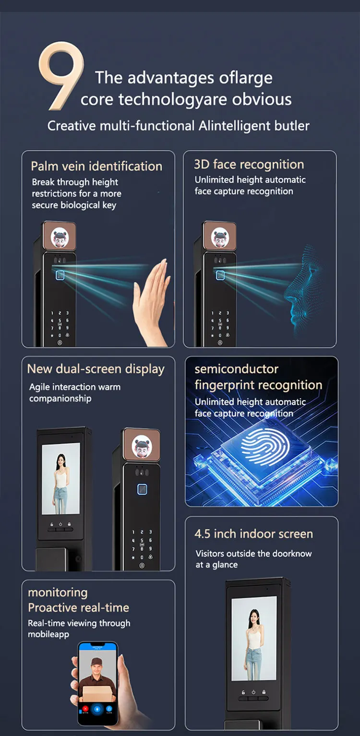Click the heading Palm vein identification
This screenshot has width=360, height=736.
tap(96, 166)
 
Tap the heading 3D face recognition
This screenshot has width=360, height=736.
tap(249, 165)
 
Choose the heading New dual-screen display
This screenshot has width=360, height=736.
tap(96, 369)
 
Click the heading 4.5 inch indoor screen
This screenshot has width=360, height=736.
tap(253, 534)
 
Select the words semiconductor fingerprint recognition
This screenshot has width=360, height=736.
tap(258, 377)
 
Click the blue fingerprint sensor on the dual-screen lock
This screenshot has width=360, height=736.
tap(143, 489)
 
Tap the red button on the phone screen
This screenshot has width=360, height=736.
tap(85, 708)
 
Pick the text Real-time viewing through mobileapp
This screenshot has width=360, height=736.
tap(79, 629)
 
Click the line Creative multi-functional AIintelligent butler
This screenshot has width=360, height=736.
tap(178, 126)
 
